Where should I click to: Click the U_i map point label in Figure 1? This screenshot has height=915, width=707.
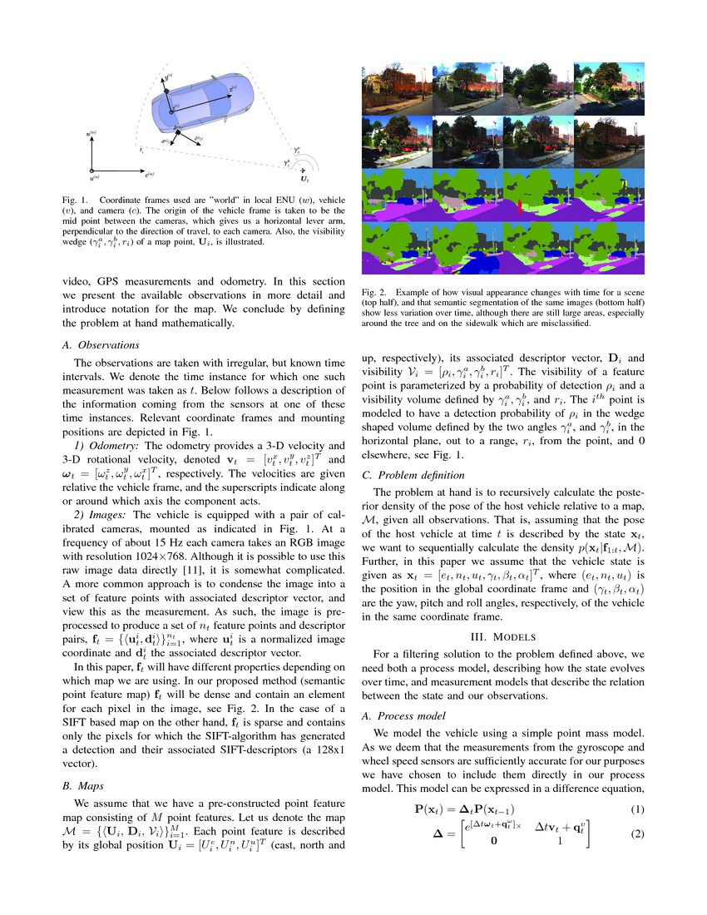point(305,180)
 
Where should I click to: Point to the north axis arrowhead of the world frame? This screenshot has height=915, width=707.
point(91,136)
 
